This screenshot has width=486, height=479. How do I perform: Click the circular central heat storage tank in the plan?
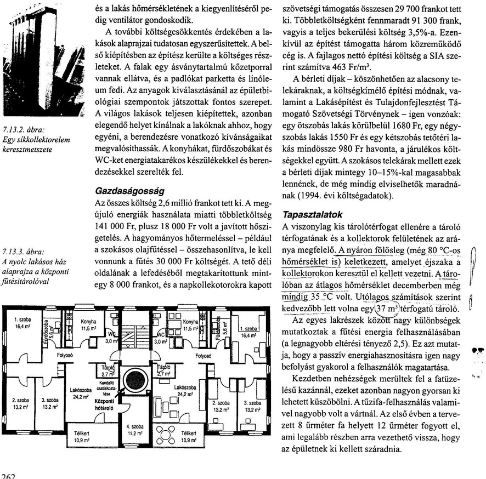pos(134,379)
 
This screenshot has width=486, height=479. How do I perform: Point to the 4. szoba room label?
pos(134,428)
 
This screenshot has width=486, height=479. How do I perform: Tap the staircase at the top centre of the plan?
pos(134,329)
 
